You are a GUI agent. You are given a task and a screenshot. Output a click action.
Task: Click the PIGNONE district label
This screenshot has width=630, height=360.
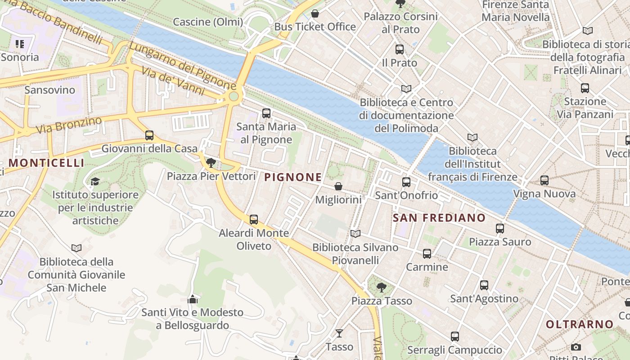point(293,177)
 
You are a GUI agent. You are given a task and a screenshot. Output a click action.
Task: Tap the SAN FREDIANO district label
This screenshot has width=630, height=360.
point(439,218)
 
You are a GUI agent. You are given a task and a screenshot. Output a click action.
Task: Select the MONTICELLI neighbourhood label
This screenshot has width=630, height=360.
point(46,163)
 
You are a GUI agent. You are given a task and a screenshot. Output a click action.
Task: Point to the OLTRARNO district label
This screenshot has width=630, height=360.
point(580,324)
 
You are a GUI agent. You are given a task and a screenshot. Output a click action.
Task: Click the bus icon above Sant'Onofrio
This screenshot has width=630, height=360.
point(406,182)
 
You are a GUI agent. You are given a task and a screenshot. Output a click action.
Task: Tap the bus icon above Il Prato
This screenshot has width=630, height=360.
point(400,50)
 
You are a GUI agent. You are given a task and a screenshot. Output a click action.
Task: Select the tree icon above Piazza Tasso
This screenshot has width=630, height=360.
point(382,287)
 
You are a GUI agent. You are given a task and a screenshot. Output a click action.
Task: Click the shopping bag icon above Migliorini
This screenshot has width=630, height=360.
point(338,186)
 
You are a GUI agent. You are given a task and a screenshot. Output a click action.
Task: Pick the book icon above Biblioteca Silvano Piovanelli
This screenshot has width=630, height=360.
point(355,234)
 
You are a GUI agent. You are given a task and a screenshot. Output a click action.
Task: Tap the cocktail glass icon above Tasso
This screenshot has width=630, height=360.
point(339,333)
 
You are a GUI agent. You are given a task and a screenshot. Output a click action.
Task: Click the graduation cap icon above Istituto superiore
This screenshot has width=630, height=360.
point(95,181)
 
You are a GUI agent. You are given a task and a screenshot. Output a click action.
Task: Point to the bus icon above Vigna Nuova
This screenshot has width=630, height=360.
point(544,180)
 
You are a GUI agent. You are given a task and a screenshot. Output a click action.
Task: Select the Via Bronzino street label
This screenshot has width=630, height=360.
point(69,125)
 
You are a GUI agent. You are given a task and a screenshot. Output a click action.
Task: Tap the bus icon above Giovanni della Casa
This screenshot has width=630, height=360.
point(149,135)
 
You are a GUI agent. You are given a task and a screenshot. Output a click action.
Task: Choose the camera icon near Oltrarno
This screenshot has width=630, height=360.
point(576,347)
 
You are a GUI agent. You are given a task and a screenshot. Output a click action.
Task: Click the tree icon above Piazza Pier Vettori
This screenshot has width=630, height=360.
point(211,162)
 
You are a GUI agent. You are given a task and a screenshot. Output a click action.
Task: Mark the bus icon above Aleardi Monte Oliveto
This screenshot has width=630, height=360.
point(254,220)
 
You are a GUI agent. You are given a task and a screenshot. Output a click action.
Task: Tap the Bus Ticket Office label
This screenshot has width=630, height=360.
point(315,27)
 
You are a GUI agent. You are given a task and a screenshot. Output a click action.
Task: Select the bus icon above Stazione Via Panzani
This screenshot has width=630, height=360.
point(585,88)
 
